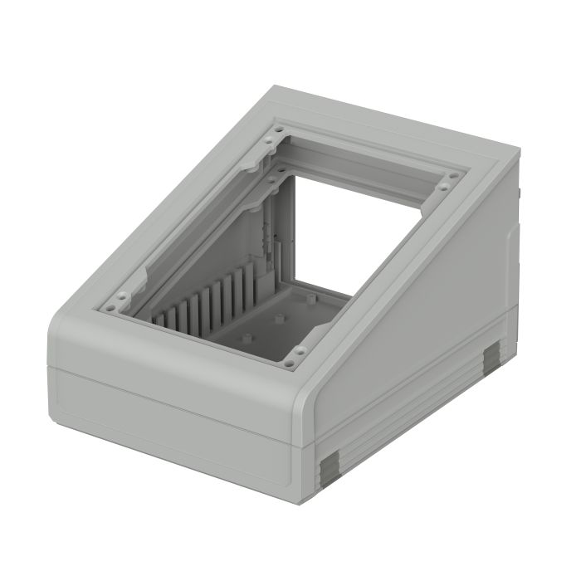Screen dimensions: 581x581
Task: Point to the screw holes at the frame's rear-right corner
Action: pos(451,178)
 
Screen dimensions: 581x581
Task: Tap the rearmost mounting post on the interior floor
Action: pos(309,296)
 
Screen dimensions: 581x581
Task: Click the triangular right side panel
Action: pos(432,307)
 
